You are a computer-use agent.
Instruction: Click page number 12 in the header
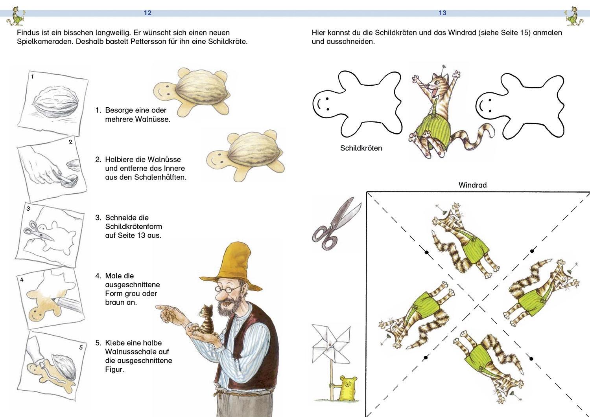tap(147, 13)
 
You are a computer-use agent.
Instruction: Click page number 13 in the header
tap(442, 13)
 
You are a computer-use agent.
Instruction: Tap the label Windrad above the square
tap(472, 185)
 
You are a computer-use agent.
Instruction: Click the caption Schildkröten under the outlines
tap(361, 148)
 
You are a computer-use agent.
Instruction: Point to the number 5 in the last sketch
tap(81, 347)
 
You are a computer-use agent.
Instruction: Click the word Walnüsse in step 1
tap(153, 119)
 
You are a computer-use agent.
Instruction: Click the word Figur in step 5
tap(114, 369)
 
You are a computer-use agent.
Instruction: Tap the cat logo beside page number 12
tap(16, 17)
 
